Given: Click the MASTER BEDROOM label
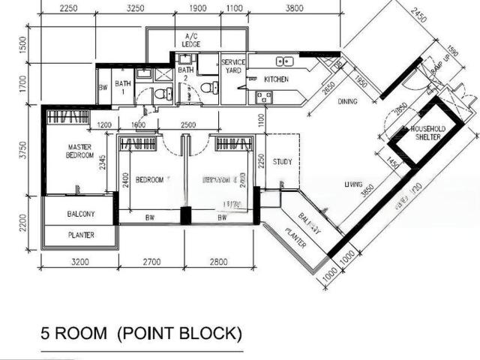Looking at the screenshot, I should (x=79, y=151).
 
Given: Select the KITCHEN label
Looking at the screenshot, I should (x=276, y=79).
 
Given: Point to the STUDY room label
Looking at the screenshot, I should (x=282, y=161).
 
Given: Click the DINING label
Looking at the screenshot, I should (x=346, y=101).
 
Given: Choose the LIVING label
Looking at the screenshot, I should (x=353, y=184).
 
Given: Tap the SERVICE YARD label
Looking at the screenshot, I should (x=233, y=66).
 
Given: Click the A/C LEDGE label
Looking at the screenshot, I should (x=190, y=40).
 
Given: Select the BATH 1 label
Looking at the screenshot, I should (x=122, y=88).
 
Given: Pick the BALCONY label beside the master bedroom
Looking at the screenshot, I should (x=80, y=214).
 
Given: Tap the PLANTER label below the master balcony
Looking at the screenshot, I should (x=80, y=235).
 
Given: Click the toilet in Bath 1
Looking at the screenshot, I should (x=158, y=94).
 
